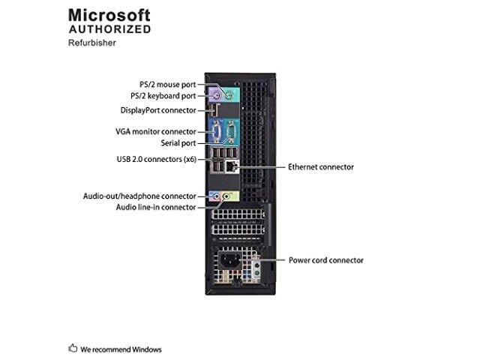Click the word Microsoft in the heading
(x=109, y=14)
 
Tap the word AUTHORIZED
(x=109, y=29)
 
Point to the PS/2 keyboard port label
(x=163, y=96)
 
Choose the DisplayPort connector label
(x=158, y=110)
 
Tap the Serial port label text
(x=178, y=142)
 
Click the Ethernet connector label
(x=320, y=166)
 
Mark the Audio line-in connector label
(x=155, y=207)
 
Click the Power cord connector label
(x=325, y=260)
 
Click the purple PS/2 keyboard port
(x=216, y=95)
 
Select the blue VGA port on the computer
(x=215, y=133)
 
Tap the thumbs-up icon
(x=73, y=349)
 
